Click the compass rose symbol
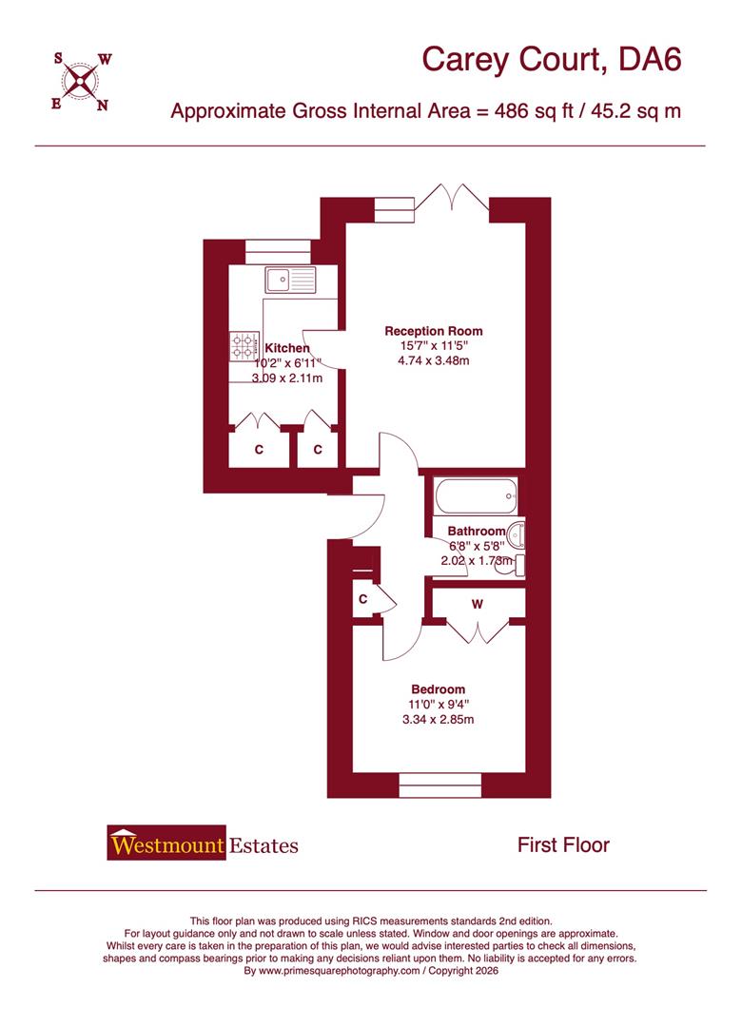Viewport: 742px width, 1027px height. [82, 81]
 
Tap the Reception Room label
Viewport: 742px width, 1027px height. [434, 331]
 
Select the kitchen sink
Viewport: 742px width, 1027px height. [290, 279]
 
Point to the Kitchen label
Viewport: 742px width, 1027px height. [286, 348]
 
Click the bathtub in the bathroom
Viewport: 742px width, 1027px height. [475, 495]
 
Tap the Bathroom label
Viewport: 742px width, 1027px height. [477, 531]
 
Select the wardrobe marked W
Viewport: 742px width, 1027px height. [477, 603]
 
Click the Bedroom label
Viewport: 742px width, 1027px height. [438, 689]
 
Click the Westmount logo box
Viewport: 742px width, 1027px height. [166, 843]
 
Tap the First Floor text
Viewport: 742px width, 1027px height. [563, 844]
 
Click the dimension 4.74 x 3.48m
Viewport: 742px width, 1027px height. [434, 361]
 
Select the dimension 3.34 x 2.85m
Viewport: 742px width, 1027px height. [438, 720]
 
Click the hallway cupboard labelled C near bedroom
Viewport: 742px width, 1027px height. [363, 599]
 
